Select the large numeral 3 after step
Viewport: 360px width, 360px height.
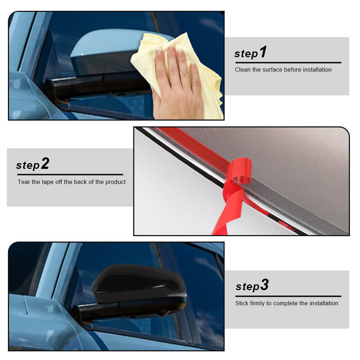tap(265, 285)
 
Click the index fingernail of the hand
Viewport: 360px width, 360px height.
tap(159, 52)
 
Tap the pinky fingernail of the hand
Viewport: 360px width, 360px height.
tap(193, 65)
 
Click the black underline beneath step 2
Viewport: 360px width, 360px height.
tap(70, 175)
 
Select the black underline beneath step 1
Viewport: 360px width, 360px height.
tap(288, 62)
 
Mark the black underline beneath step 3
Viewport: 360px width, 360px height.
tap(288, 296)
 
